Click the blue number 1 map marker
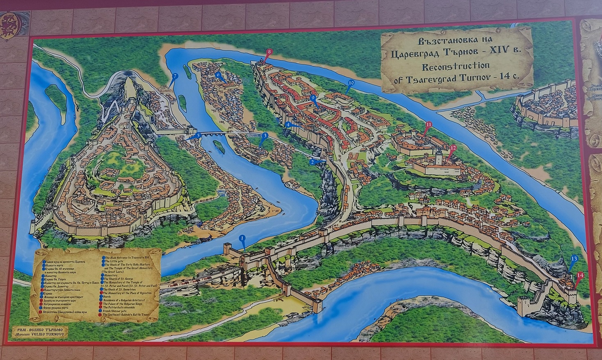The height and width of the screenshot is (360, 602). coord(242,238)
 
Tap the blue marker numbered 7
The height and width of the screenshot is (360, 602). coord(175,76)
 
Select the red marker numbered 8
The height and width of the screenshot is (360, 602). coord(269,52)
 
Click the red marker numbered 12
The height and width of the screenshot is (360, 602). coord(453,148)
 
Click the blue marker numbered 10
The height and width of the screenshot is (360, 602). coord(350,83)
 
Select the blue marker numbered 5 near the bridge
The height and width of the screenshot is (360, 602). coord(198,134)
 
